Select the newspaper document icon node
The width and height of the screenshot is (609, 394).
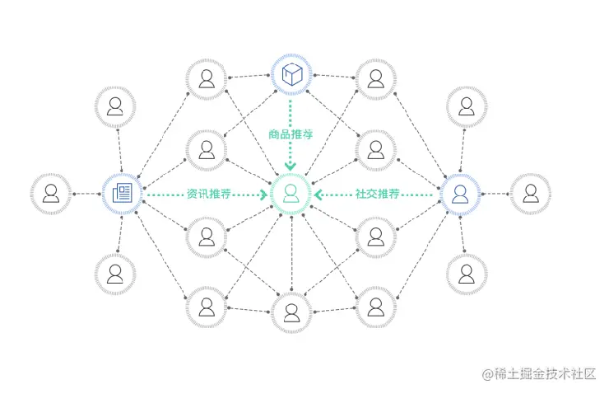point(122,194)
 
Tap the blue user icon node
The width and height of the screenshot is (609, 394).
point(459,194)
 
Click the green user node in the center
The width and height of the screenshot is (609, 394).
point(291,194)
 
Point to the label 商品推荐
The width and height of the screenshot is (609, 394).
point(291,134)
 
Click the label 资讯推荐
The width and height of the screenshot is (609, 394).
point(208,195)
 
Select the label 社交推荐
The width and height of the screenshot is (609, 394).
point(377,195)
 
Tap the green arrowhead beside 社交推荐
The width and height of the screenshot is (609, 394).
point(318,195)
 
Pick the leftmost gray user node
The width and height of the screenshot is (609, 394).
point(51,194)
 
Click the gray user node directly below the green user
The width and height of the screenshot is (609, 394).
point(291,312)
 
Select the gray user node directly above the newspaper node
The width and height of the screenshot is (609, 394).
point(115,106)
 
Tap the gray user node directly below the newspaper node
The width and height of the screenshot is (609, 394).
point(115,274)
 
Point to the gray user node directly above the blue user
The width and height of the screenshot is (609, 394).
point(467,106)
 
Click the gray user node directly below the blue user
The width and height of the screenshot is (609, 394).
point(467,274)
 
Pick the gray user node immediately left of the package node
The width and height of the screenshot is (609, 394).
point(206,79)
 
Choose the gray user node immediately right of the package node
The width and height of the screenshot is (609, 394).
point(375,79)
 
